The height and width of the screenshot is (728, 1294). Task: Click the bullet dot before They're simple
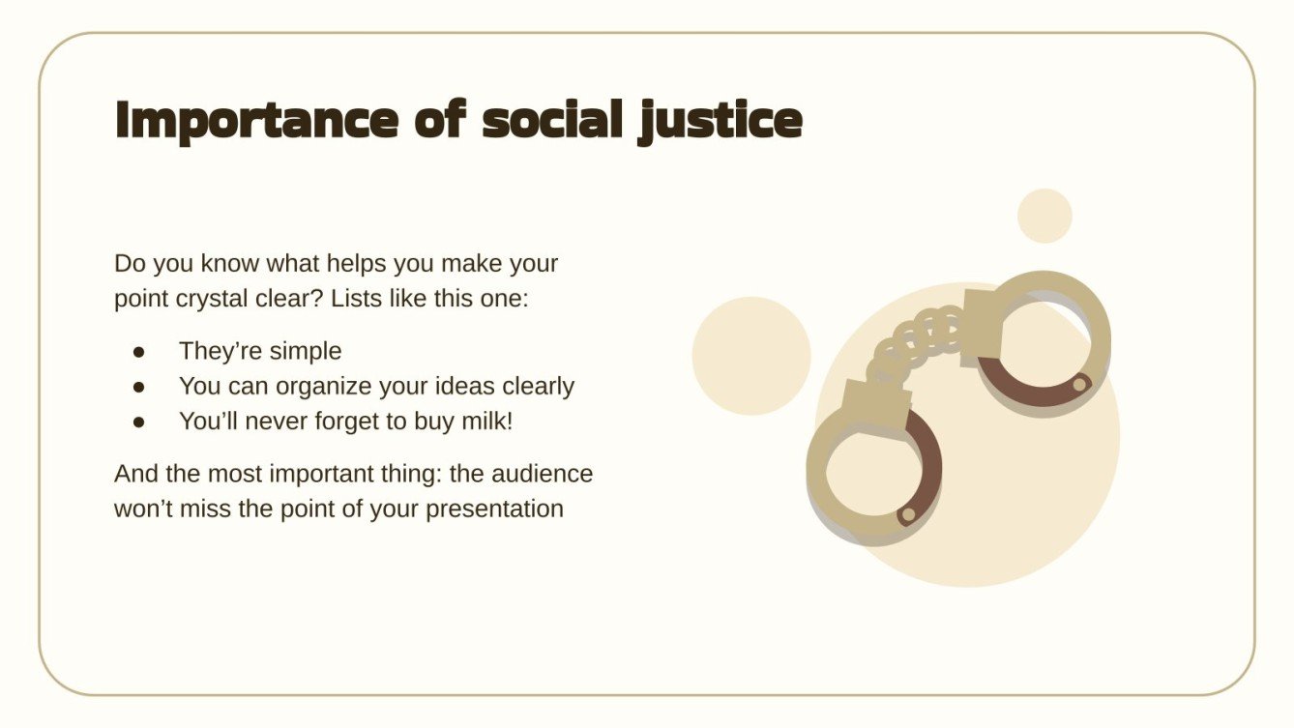pos(139,351)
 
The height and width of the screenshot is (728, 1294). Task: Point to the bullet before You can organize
pos(139,387)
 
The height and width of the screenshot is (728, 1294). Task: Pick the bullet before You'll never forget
pos(139,422)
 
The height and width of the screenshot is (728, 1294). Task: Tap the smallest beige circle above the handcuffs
pos(1044,216)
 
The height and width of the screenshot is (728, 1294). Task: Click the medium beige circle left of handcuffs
pos(751,356)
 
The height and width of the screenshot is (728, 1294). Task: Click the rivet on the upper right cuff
pos(1080,385)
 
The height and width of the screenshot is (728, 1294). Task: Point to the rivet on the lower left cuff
pos(907,515)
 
